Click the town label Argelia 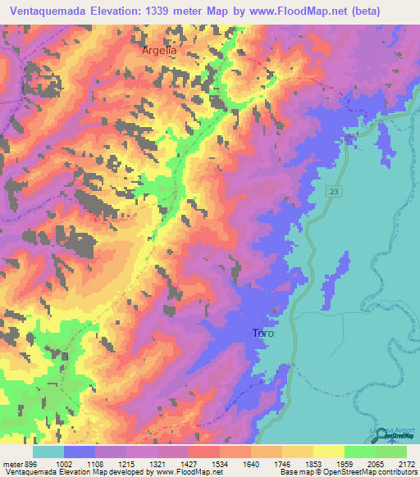click(159, 50)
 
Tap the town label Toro click(262, 334)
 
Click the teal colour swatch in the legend click(48, 452)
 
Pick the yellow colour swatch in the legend click(328, 452)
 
